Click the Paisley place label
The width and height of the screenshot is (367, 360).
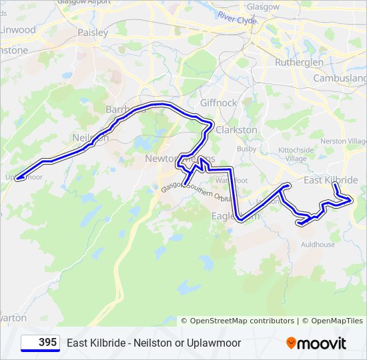(x=93, y=32)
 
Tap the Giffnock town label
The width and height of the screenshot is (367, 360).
(x=218, y=103)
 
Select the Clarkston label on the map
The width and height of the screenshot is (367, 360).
(x=236, y=129)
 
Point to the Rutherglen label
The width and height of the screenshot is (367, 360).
(x=299, y=62)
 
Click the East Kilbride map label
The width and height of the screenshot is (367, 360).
(x=330, y=181)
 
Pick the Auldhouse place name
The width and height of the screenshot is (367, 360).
(x=318, y=245)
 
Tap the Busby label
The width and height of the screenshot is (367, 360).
(x=246, y=149)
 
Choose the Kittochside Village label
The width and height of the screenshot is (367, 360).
(x=296, y=155)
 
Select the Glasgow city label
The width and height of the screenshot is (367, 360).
(x=263, y=6)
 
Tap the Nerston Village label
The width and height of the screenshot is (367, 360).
(x=344, y=141)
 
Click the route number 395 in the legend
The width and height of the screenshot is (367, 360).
(x=47, y=343)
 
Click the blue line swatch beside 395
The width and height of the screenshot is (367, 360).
(x=31, y=343)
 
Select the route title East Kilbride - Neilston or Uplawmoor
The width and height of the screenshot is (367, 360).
(x=153, y=343)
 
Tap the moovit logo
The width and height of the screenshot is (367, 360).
(x=316, y=343)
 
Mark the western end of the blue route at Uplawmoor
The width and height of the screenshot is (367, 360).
(x=17, y=178)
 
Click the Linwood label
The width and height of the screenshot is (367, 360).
(x=18, y=30)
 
